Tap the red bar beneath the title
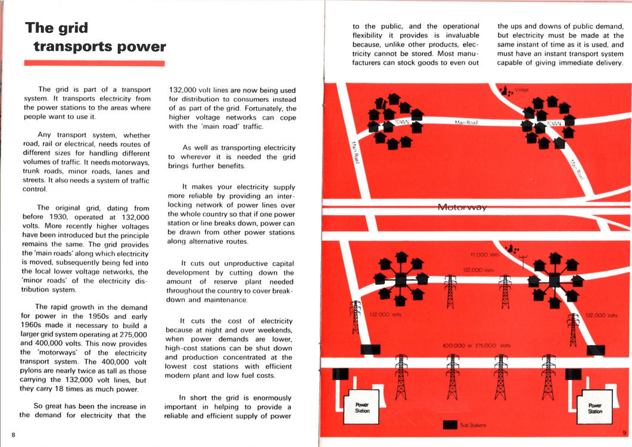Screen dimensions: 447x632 (94, 63)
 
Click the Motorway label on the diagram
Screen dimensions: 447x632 (462, 207)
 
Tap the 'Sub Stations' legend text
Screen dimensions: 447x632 (473, 425)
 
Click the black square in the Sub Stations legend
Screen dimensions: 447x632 (450, 424)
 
